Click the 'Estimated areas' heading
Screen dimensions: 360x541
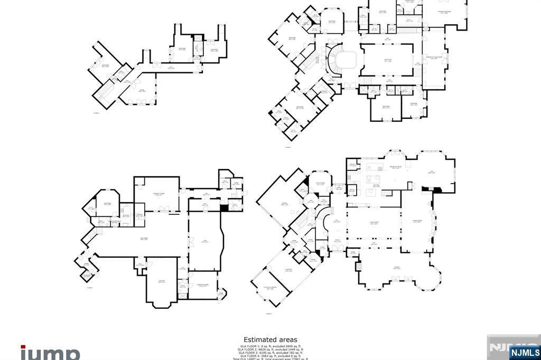pos(270,340)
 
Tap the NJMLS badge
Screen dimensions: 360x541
pos(525,352)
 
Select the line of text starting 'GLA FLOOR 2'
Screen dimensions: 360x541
pos(270,349)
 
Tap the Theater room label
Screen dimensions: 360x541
pos(162,282)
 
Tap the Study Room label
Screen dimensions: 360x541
pos(320,185)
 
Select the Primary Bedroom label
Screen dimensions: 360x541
pos(445,12)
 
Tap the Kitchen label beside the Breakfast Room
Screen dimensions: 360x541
pos(376,185)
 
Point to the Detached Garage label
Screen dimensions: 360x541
pos(270,288)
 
